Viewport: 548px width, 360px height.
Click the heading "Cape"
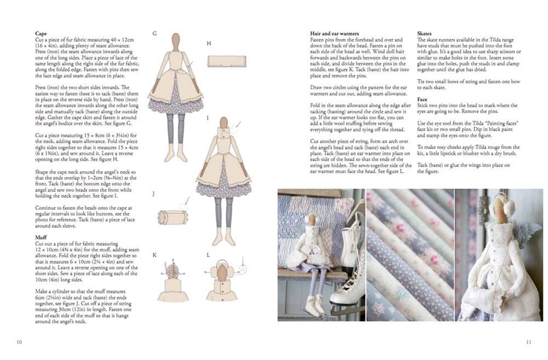click(41, 33)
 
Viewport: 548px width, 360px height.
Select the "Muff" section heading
click(41, 237)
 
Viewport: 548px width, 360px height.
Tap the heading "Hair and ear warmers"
click(334, 33)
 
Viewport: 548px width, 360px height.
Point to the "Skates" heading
click(424, 33)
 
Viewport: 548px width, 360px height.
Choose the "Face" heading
click(422, 99)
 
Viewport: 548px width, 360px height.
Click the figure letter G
click(155, 33)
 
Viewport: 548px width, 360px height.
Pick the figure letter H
click(209, 43)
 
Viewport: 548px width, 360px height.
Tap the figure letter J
click(153, 193)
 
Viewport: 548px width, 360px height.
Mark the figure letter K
click(155, 255)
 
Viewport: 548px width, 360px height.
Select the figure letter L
click(208, 255)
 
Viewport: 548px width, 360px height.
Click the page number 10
click(19, 342)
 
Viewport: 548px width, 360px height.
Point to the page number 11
click(528, 342)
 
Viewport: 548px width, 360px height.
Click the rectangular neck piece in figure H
click(226, 61)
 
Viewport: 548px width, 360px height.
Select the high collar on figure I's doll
click(224, 133)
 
